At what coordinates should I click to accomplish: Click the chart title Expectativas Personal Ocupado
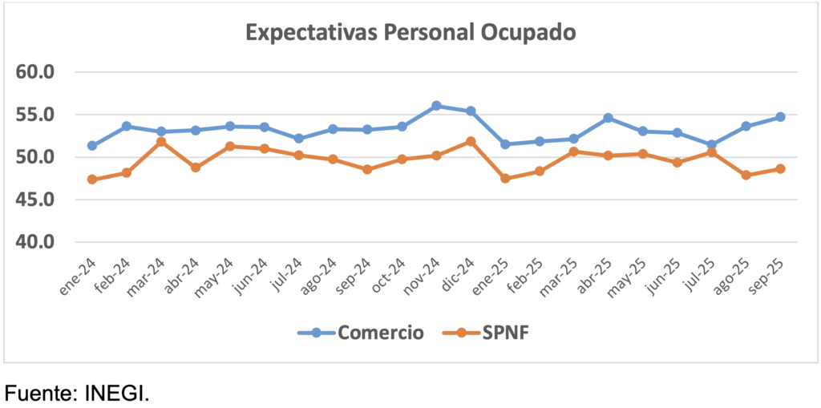pyautogui.click(x=410, y=33)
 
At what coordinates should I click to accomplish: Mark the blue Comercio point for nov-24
pyautogui.click(x=436, y=106)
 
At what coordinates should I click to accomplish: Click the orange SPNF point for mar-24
pyautogui.click(x=161, y=142)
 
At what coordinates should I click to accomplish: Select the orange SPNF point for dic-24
pyautogui.click(x=471, y=142)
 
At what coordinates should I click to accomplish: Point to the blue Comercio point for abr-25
pyautogui.click(x=608, y=118)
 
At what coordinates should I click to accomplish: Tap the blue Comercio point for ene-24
pyautogui.click(x=92, y=146)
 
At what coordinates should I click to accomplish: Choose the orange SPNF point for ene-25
pyautogui.click(x=505, y=178)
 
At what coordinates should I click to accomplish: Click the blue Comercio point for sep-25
pyautogui.click(x=780, y=117)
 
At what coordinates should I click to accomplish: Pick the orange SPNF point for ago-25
pyautogui.click(x=746, y=175)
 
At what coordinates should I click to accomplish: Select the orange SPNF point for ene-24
pyautogui.click(x=92, y=180)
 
